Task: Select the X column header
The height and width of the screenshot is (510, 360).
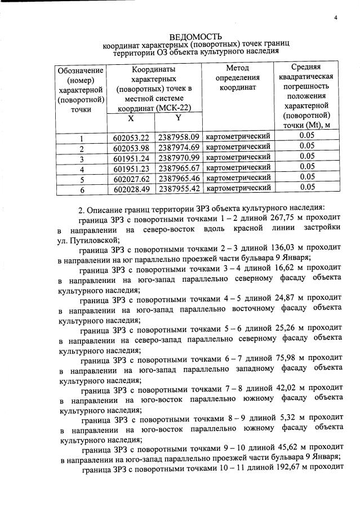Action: [x=131, y=119]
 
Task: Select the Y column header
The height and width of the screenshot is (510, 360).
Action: [x=178, y=118]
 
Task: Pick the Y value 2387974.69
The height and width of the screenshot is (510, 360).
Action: [x=179, y=147]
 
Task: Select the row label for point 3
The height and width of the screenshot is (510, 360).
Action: [x=82, y=158]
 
